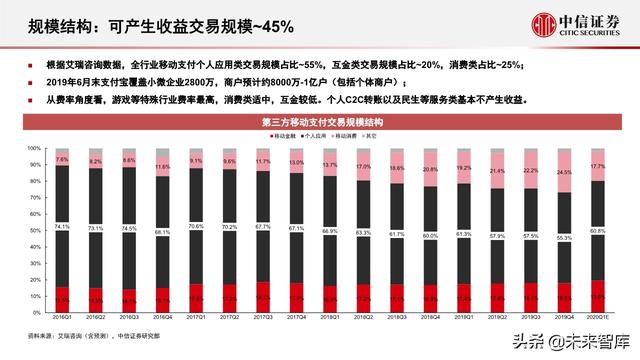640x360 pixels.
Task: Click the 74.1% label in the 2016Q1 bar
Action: pyautogui.click(x=62, y=227)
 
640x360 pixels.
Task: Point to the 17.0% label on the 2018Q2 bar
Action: pyautogui.click(x=362, y=167)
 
